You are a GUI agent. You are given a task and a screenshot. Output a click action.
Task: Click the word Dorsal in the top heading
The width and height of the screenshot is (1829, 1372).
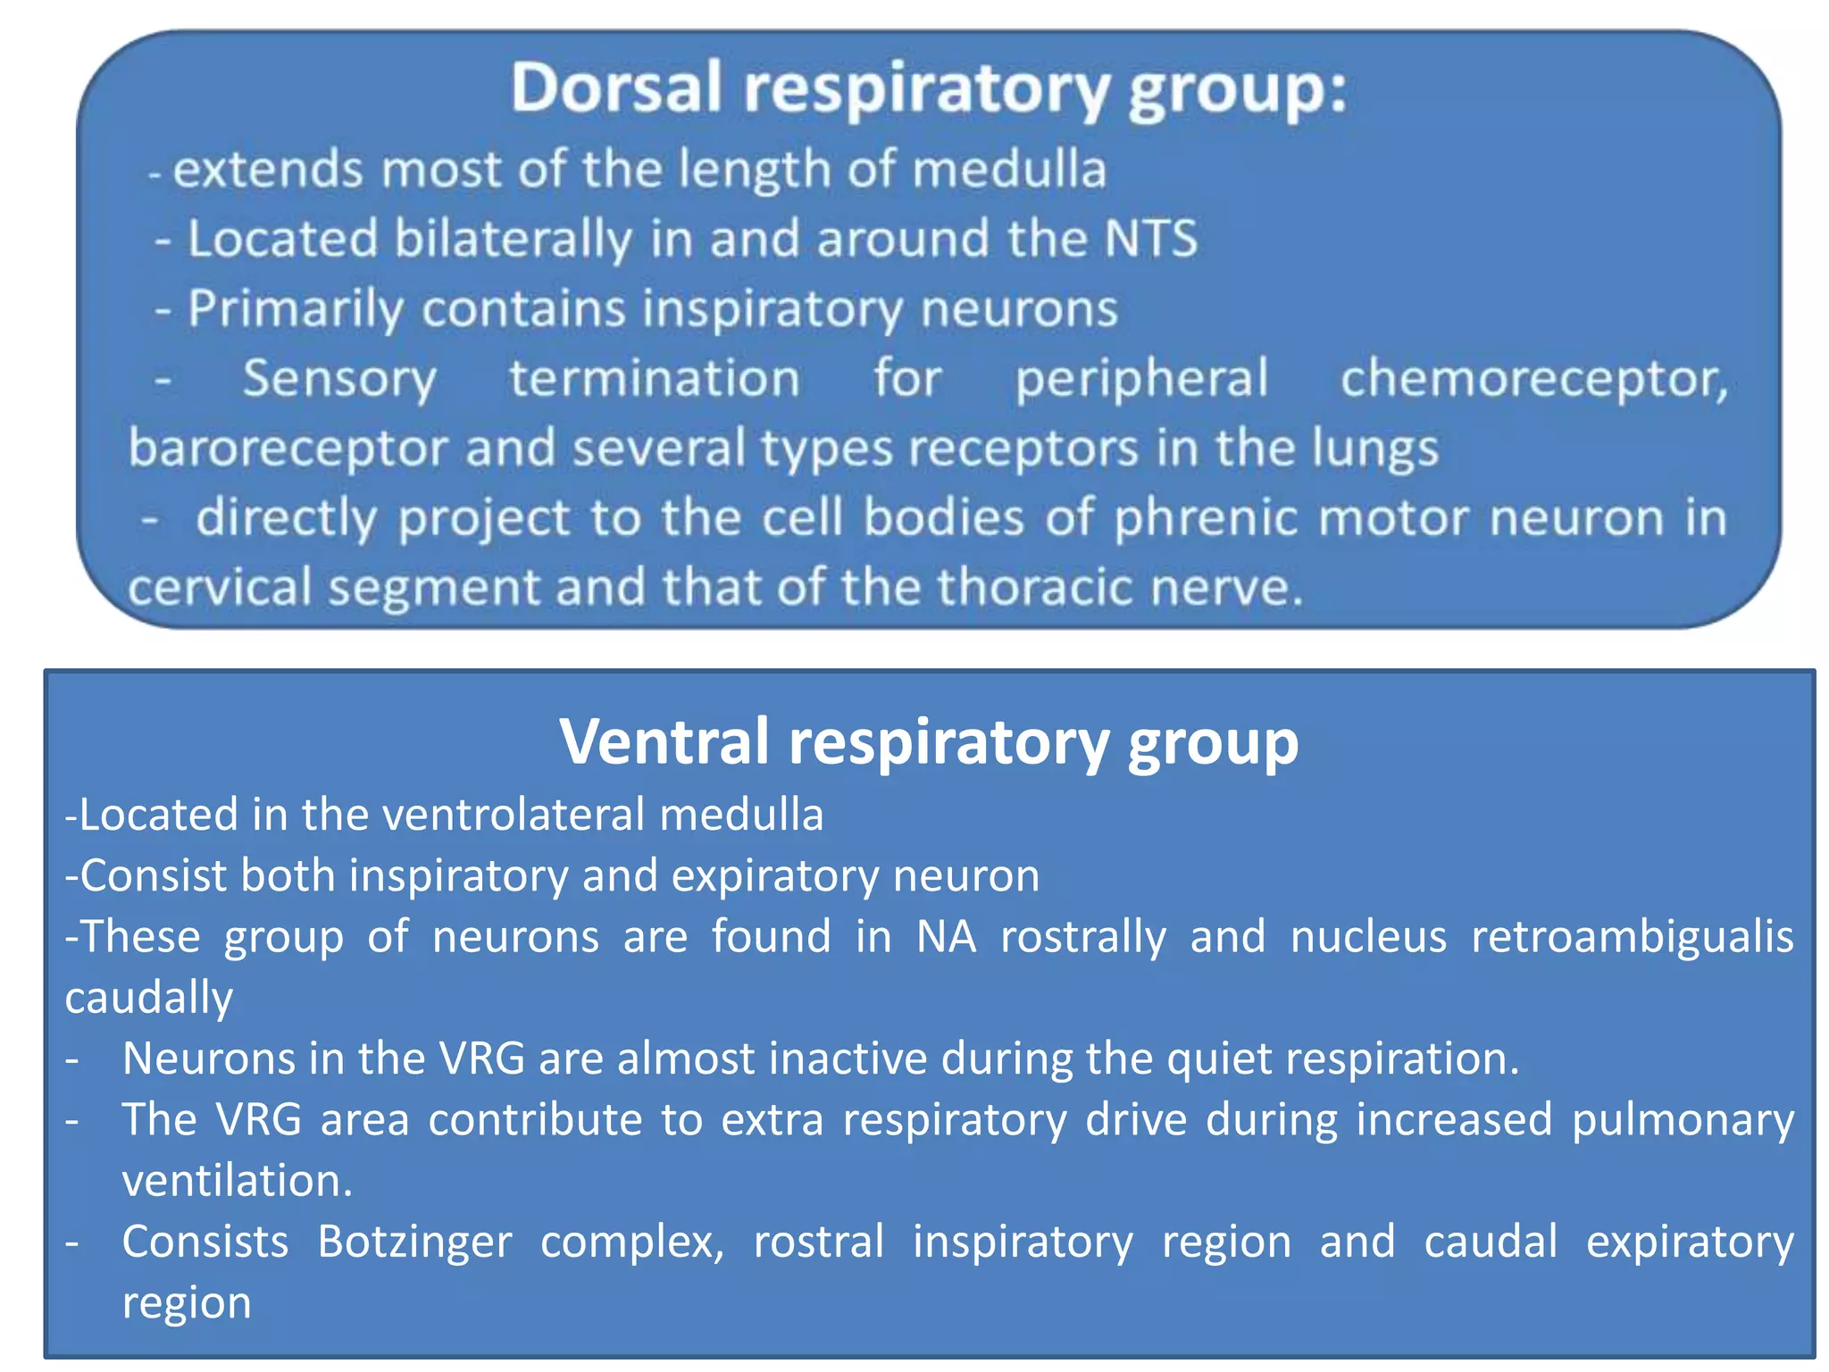[615, 88]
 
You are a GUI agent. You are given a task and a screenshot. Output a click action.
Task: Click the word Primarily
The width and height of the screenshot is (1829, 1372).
[295, 309]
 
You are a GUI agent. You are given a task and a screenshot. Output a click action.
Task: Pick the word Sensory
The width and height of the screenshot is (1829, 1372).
[339, 379]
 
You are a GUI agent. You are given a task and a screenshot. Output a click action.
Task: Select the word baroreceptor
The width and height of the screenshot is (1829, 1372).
[287, 448]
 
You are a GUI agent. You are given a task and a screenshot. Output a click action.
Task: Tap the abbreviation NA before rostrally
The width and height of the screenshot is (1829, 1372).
[946, 937]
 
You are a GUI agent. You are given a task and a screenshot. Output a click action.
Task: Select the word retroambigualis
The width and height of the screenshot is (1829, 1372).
[1632, 937]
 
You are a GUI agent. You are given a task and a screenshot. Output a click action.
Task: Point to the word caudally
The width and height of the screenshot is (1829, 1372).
[148, 998]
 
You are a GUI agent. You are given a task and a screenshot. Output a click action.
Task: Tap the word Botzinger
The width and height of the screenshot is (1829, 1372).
[414, 1242]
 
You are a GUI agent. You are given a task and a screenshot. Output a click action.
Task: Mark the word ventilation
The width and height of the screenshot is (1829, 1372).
[237, 1181]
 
